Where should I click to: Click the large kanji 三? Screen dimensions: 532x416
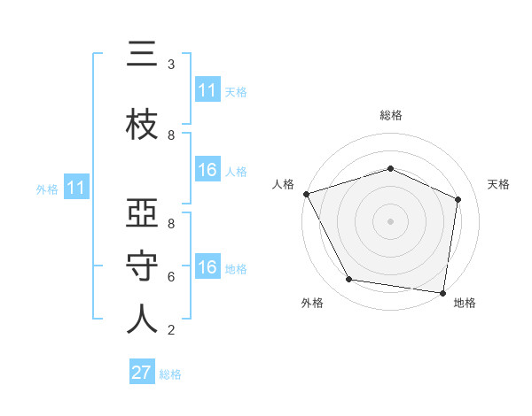(142, 53)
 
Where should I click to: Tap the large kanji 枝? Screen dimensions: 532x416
(142, 124)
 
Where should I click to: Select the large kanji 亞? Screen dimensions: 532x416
(142, 212)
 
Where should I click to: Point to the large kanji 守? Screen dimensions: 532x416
(142, 266)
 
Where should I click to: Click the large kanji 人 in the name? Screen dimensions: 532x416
(142, 319)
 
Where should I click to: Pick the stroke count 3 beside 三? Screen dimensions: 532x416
(171, 65)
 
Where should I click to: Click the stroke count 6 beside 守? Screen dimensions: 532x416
(171, 277)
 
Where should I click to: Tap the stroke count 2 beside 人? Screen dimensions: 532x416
(171, 330)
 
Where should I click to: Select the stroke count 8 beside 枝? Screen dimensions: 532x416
(171, 135)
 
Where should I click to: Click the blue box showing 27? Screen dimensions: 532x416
(142, 371)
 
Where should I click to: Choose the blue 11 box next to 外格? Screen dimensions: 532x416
(76, 187)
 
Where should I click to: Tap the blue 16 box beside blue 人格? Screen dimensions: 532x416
(208, 169)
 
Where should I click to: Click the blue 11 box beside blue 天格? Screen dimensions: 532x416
(208, 89)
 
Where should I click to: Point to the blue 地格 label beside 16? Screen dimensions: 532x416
(236, 269)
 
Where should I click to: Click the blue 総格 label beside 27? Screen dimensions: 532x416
(170, 374)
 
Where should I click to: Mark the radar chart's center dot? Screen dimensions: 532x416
(390, 221)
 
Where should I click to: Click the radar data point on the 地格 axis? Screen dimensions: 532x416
(442, 293)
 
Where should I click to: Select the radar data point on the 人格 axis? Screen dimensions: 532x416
(307, 194)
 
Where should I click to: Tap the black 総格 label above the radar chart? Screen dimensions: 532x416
(391, 115)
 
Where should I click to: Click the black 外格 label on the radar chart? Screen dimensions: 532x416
(312, 303)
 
